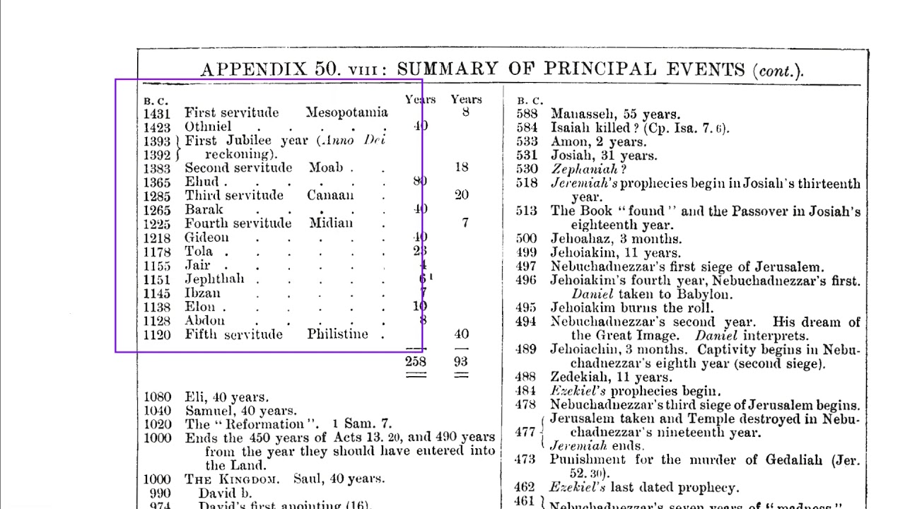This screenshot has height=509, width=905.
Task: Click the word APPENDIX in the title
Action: (x=254, y=69)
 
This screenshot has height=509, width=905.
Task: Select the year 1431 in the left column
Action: (x=157, y=113)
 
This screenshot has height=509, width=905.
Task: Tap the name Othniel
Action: (x=208, y=127)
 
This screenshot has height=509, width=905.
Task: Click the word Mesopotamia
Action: (x=346, y=112)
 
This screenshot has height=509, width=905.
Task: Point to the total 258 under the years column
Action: (x=416, y=361)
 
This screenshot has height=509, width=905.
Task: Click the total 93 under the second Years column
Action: (x=461, y=361)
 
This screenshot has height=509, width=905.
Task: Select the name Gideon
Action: (x=206, y=238)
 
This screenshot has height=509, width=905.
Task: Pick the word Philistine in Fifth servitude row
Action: (x=337, y=334)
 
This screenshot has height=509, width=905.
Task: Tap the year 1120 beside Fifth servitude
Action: (x=157, y=335)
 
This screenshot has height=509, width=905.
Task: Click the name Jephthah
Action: (x=214, y=279)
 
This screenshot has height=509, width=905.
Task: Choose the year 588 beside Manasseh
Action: (x=527, y=114)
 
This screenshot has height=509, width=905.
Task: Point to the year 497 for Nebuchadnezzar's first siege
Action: (x=526, y=267)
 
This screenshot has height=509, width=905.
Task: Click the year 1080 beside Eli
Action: (x=157, y=397)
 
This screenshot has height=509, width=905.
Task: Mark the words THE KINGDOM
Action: (x=232, y=479)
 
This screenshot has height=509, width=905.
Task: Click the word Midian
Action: (x=331, y=223)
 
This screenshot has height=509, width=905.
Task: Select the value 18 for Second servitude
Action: (x=461, y=168)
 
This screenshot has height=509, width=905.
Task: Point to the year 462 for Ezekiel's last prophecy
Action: (x=525, y=487)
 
